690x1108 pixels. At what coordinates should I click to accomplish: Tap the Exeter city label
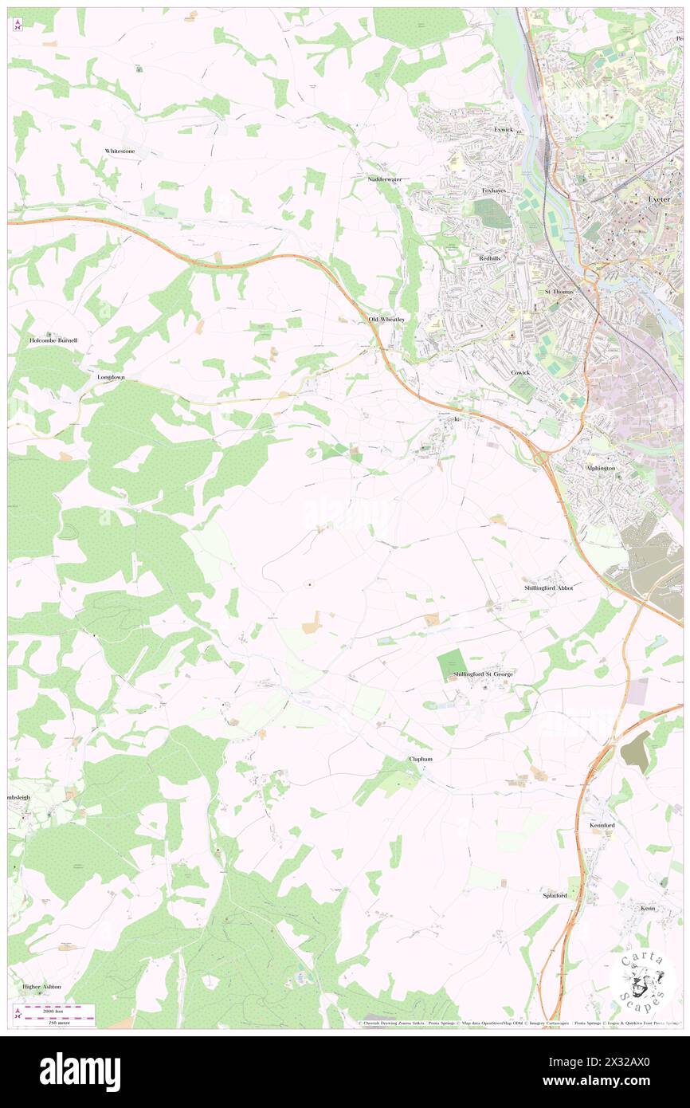coord(659,198)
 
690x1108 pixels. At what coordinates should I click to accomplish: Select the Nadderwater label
coord(385,179)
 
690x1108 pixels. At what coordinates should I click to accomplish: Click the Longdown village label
coord(112,377)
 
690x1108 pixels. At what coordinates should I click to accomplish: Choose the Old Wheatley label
coord(387,320)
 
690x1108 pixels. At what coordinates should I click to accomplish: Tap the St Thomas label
coord(559,292)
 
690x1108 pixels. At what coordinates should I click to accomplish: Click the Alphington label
coord(600,468)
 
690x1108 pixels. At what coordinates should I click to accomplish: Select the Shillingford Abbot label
coord(548,587)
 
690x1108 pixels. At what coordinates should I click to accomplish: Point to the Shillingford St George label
coord(483,674)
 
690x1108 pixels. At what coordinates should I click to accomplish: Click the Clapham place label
coord(420,759)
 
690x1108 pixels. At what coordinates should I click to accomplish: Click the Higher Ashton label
coord(42,986)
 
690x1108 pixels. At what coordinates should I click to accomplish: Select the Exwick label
coord(504,129)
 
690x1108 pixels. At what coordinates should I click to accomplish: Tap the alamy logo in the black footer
coord(80,1071)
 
